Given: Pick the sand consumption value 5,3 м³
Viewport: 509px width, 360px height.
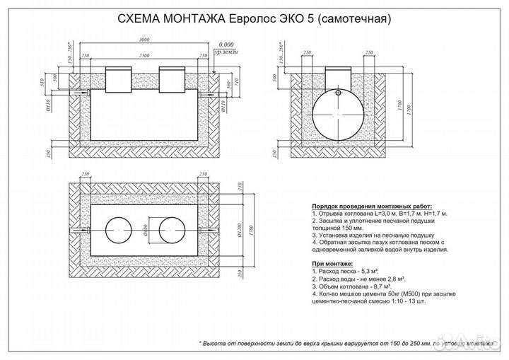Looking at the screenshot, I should (x=374, y=272).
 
